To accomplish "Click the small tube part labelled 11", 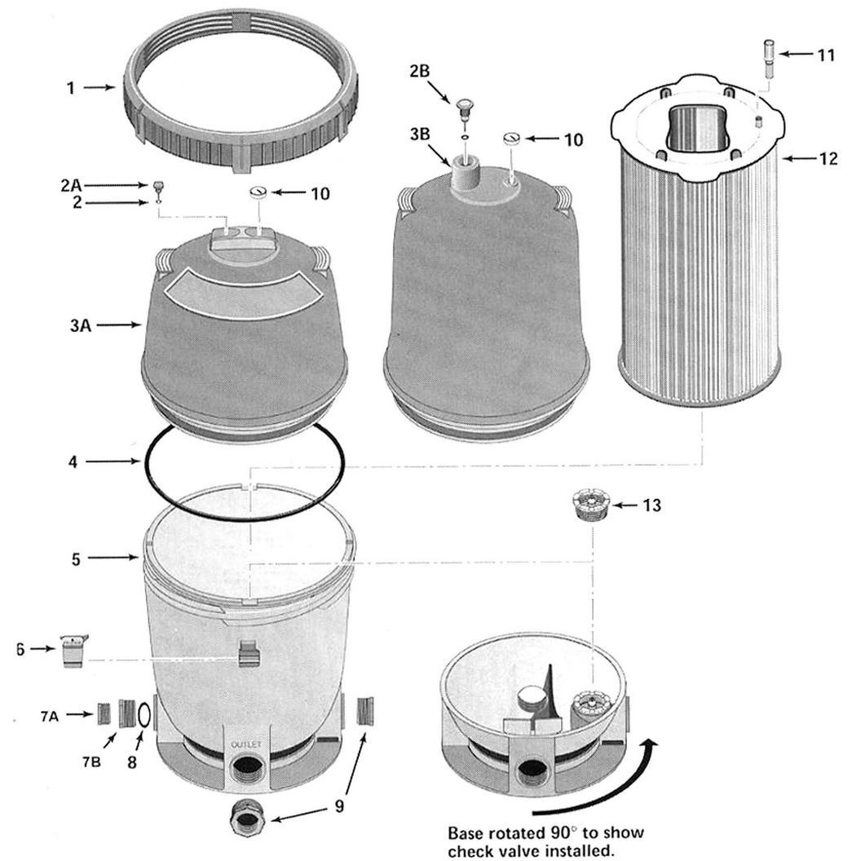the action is (768, 60).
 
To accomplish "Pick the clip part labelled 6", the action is (73, 651).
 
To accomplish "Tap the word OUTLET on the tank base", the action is (246, 745).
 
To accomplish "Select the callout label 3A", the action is (80, 325).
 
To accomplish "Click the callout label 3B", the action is (420, 135).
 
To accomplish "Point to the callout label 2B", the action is (419, 72).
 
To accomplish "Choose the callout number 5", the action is (76, 559).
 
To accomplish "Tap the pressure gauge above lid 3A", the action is (258, 193).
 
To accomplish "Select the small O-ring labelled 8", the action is (143, 715).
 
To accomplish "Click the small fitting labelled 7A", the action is (104, 713).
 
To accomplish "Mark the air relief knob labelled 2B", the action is (464, 106).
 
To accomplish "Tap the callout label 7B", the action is (91, 762).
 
